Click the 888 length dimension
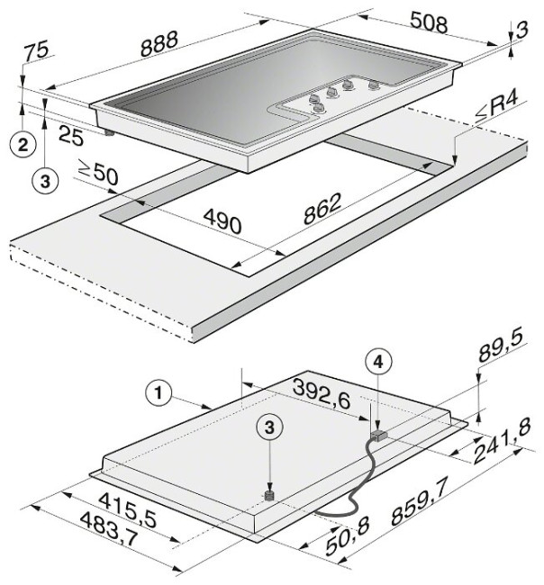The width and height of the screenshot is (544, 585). [x=159, y=44]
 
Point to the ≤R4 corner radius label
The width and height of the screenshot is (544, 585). [x=496, y=108]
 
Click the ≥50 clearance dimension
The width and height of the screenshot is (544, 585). [x=98, y=173]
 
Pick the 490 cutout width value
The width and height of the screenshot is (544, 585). [x=222, y=220]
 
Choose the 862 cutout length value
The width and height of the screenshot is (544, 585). [x=322, y=209]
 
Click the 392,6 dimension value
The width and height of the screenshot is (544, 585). [x=322, y=393]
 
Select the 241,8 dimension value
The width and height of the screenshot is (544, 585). [x=502, y=442]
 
